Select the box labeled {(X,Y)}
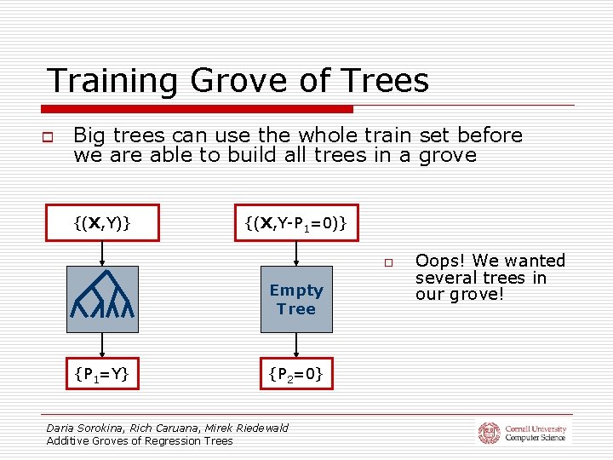102,223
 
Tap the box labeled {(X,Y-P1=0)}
295,223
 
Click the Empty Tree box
296,299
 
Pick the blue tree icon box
102,299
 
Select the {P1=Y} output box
102,373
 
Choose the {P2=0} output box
295,373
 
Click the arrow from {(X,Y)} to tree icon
102,253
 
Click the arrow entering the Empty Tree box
296,253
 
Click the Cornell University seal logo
489,433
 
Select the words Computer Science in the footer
535,438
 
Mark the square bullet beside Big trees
49,136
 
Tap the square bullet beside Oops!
387,262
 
